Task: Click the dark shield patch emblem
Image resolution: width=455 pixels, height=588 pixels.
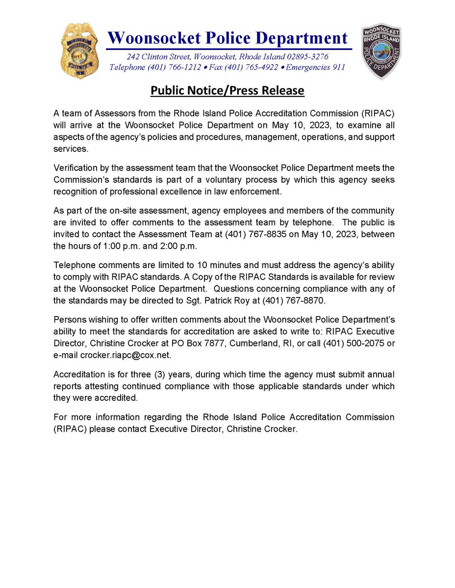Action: (x=381, y=50)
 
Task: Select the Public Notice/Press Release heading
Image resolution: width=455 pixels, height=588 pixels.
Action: (x=227, y=91)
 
